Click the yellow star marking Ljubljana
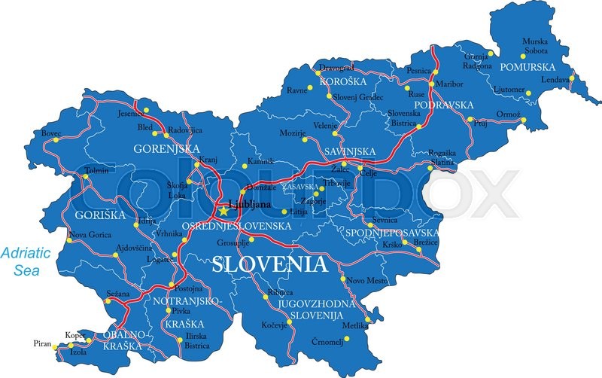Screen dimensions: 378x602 point(223,211)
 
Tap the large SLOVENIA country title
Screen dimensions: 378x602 point(270,264)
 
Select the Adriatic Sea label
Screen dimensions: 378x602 point(25,260)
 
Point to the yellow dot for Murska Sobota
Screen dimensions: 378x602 point(524,55)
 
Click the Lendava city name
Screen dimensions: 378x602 point(554,80)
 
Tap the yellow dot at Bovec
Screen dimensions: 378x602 point(55,139)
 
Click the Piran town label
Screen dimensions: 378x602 point(42,343)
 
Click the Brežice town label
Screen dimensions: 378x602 point(425,242)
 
